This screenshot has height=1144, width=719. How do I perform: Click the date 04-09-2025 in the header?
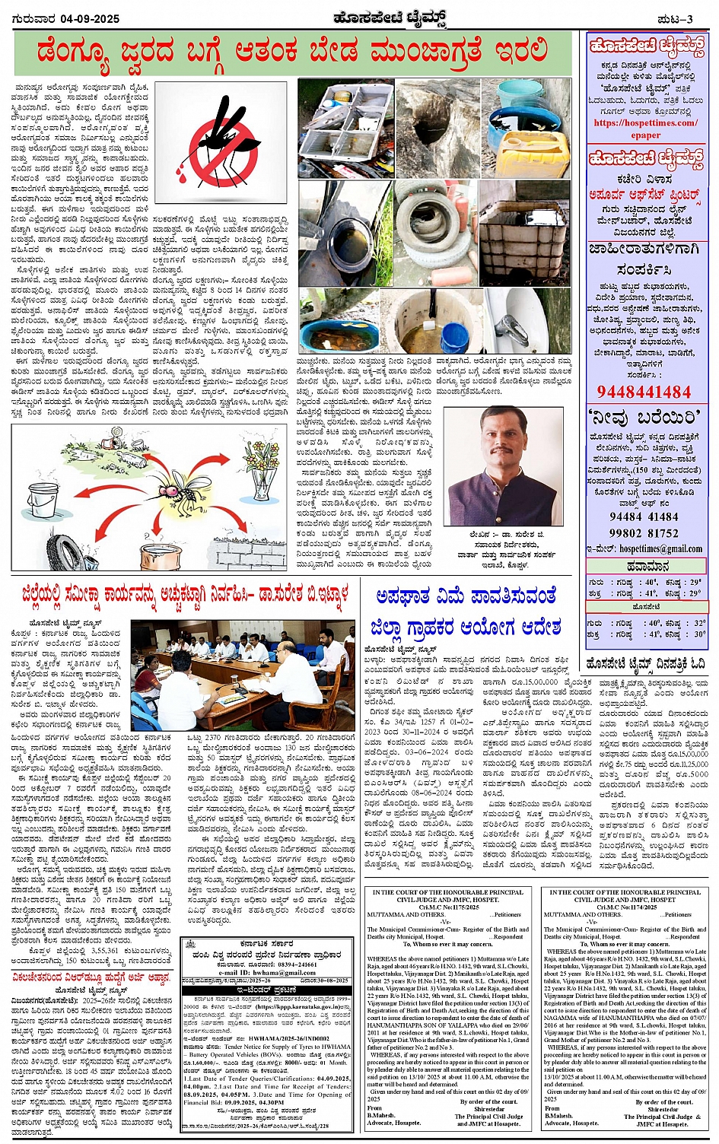click(x=91, y=19)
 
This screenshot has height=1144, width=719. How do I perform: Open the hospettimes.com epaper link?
click(x=645, y=129)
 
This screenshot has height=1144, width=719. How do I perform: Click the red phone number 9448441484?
click(x=644, y=392)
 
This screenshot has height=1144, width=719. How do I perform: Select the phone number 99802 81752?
click(x=644, y=533)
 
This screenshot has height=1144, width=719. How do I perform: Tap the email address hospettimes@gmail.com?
click(x=660, y=548)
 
